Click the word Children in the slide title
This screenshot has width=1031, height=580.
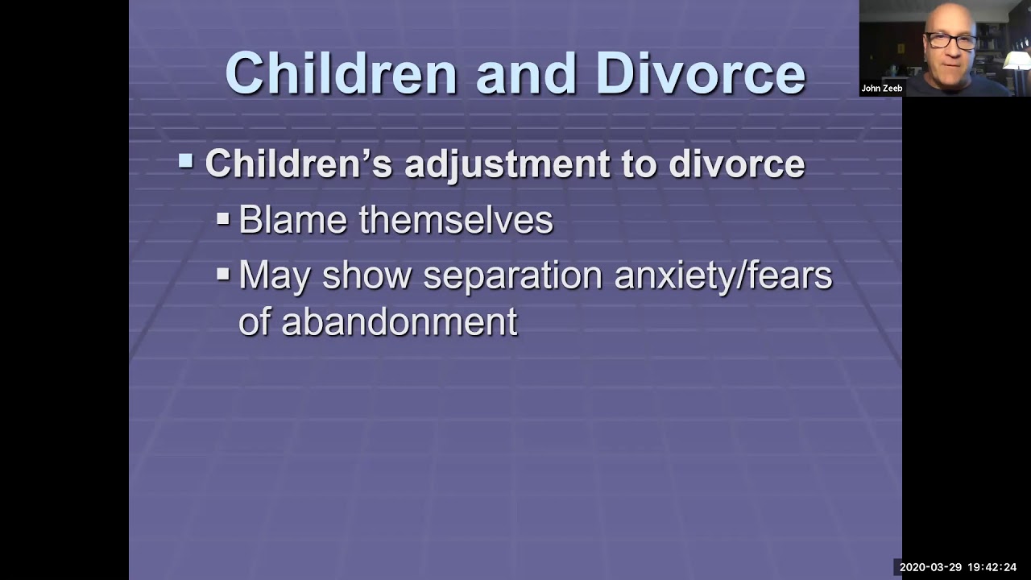(342, 73)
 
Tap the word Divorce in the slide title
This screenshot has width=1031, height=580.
(700, 73)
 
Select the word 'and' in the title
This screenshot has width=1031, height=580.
(526, 73)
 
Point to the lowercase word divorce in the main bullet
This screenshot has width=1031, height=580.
(736, 164)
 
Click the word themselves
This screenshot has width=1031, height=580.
(456, 220)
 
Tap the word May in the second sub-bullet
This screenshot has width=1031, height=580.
(275, 275)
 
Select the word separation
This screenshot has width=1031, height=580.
(512, 275)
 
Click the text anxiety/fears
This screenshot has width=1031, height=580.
(723, 275)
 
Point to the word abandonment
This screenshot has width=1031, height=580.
(399, 322)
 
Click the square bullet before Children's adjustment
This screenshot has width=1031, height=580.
(186, 162)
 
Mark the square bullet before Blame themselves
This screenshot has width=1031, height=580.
(223, 218)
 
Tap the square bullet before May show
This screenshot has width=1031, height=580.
(223, 274)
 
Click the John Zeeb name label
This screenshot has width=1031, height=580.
(881, 89)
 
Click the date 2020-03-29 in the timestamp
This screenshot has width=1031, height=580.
(930, 567)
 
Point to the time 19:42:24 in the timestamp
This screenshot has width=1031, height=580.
(992, 567)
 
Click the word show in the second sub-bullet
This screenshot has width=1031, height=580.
(366, 275)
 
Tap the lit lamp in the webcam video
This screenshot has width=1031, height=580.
(1017, 61)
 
